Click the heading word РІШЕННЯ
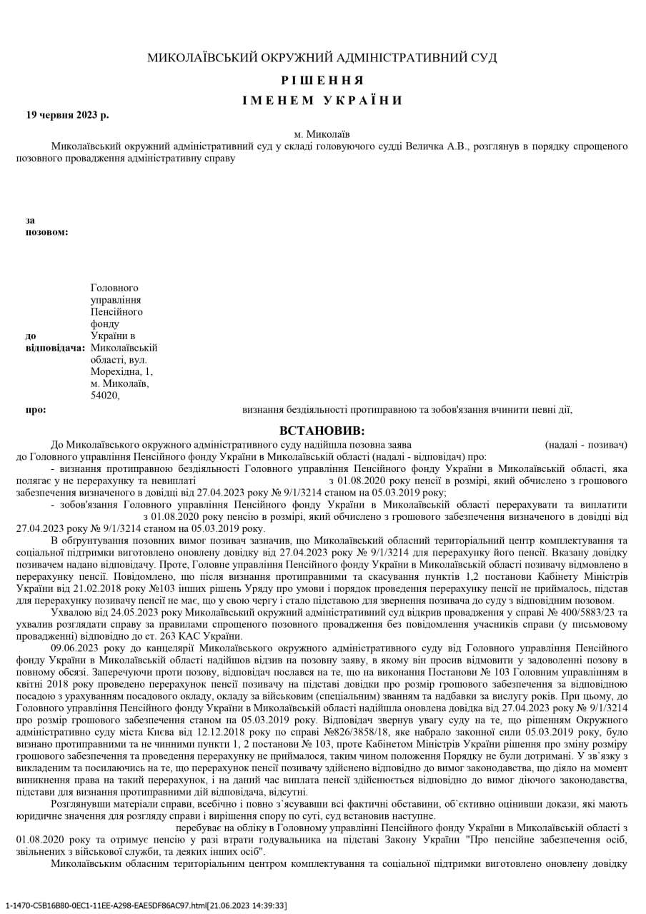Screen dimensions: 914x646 coord(322,80)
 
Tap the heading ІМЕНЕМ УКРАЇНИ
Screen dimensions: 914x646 coord(322,100)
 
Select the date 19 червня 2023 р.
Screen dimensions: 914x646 coord(68,115)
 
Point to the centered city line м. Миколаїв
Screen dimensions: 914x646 coord(322,134)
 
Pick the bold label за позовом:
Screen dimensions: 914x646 coord(46,226)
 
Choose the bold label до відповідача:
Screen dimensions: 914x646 coord(55,341)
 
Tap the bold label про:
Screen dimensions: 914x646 coord(36,410)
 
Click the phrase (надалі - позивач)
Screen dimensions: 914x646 coord(586,445)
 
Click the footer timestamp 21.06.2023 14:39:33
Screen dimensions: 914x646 coord(247,905)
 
